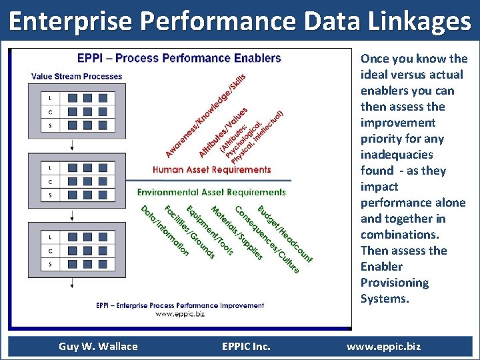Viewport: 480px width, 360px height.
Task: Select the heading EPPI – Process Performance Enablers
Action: point(179,58)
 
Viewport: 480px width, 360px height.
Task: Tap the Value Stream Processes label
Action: point(77,77)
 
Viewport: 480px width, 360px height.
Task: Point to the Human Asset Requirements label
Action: point(212,169)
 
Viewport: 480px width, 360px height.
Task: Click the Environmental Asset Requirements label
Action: point(211,192)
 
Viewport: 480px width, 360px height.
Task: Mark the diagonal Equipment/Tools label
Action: point(209,230)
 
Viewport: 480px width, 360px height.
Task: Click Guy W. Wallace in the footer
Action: point(98,346)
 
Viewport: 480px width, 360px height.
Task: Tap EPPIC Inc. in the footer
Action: point(246,346)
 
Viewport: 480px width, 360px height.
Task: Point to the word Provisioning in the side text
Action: point(395,283)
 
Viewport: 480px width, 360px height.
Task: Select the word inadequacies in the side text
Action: point(397,155)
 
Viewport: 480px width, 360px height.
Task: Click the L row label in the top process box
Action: point(51,98)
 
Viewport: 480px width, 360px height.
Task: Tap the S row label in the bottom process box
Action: point(51,265)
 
